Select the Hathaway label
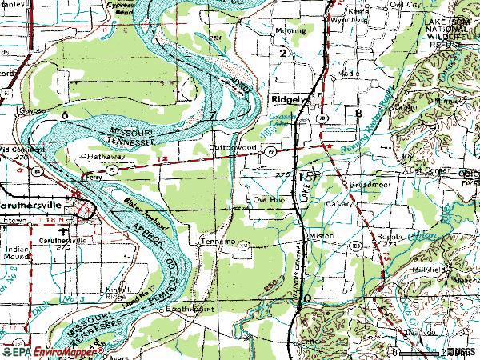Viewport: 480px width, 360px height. coord(102,157)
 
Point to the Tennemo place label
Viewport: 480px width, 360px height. coord(217,241)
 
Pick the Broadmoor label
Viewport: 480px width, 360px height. coord(367,184)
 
